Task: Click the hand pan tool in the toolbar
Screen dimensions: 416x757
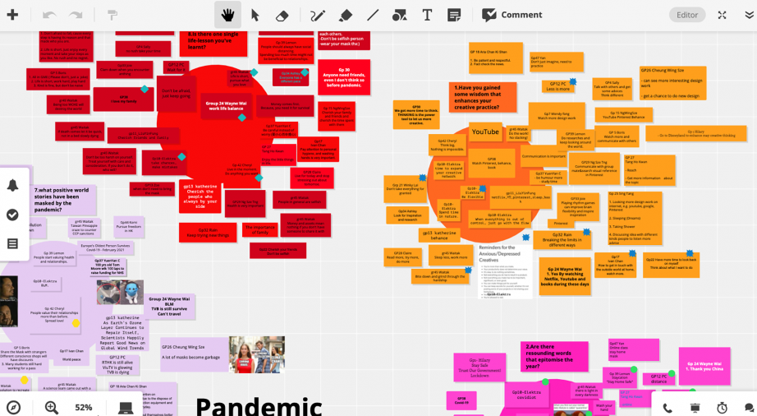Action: pyautogui.click(x=227, y=15)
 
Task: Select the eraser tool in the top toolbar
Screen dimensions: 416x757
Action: pyautogui.click(x=282, y=15)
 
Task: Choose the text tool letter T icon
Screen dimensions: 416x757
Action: pyautogui.click(x=427, y=15)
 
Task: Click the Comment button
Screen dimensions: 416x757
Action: pyautogui.click(x=512, y=15)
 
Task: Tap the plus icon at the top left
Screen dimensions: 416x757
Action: pyautogui.click(x=12, y=15)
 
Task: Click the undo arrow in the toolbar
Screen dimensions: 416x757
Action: pyautogui.click(x=49, y=15)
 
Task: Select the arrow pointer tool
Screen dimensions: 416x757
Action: pyautogui.click(x=255, y=15)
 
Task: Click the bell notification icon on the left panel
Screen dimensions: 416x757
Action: pyautogui.click(x=12, y=186)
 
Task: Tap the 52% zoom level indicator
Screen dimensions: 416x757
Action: pyautogui.click(x=84, y=407)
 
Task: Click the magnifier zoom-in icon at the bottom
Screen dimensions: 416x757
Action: pyautogui.click(x=52, y=407)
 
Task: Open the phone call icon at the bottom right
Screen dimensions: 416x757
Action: pyautogui.click(x=668, y=407)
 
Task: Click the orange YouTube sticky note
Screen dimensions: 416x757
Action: pyautogui.click(x=485, y=132)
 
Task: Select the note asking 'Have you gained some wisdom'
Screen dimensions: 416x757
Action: pyautogui.click(x=484, y=96)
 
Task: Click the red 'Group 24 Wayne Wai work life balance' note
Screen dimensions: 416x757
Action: pyautogui.click(x=225, y=105)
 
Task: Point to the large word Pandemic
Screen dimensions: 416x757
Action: pyautogui.click(x=259, y=405)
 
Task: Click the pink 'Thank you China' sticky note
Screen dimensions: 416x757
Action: pyautogui.click(x=704, y=365)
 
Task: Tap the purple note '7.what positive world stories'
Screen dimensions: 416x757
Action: pyautogui.click(x=64, y=200)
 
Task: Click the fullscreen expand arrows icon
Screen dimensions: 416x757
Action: pyautogui.click(x=722, y=15)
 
